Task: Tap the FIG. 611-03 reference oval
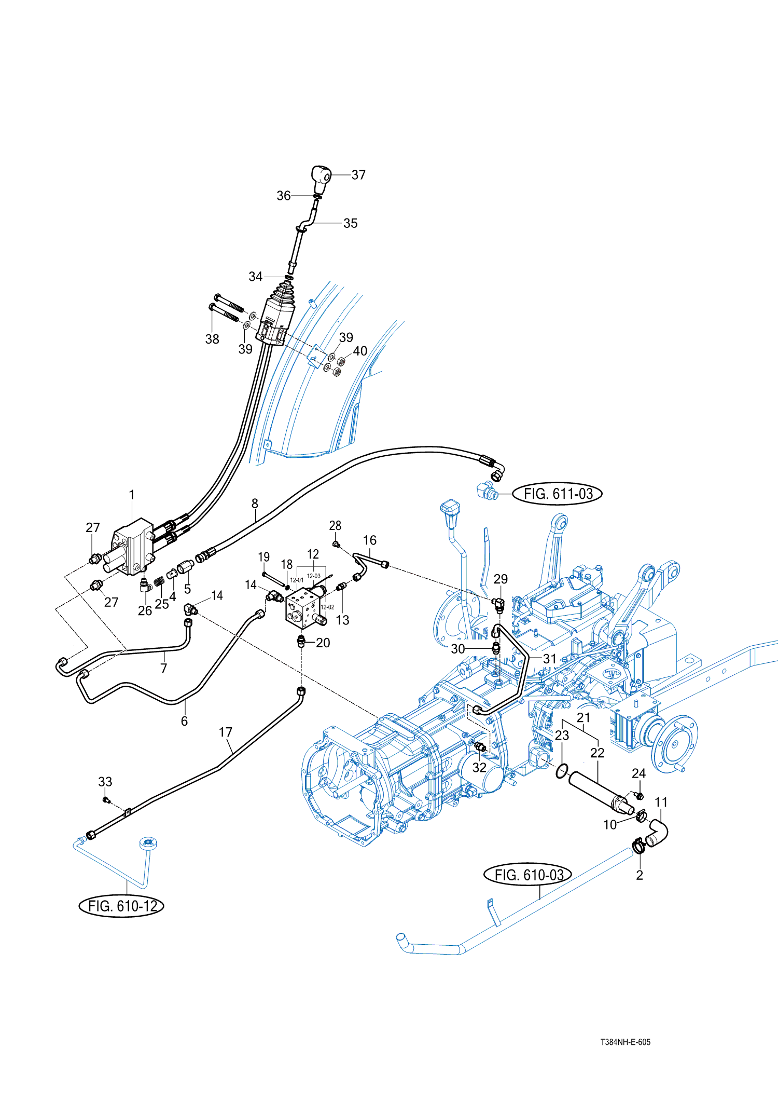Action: (x=558, y=494)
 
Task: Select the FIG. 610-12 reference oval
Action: (x=122, y=906)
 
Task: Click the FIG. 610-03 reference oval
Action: (x=528, y=875)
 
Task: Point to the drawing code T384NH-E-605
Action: (x=625, y=1042)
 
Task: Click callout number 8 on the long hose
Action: (x=255, y=503)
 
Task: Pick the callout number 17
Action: (x=225, y=732)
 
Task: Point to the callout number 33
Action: (x=105, y=782)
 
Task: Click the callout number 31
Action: (x=549, y=659)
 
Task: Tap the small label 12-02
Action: (x=327, y=607)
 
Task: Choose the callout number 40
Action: (x=360, y=351)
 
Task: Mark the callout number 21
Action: (x=584, y=717)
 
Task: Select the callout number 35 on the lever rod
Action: (x=351, y=223)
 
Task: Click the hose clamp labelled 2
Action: (x=638, y=847)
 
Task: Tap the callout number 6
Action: (x=184, y=721)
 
